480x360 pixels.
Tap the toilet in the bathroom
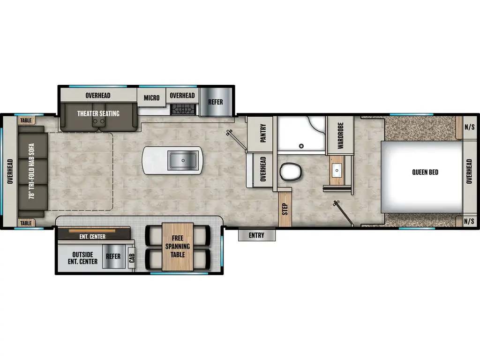click(291, 172)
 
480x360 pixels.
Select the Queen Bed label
click(425, 172)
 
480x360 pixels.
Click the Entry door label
click(256, 235)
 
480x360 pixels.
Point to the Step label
click(285, 209)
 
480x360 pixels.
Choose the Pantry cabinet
click(262, 135)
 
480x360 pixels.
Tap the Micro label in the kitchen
click(151, 98)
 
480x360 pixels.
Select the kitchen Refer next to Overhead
click(216, 102)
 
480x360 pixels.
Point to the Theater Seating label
click(98, 113)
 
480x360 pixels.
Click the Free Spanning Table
click(178, 247)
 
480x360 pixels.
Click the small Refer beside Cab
click(113, 257)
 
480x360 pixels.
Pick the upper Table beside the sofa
click(26, 120)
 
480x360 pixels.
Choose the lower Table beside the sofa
click(26, 223)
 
